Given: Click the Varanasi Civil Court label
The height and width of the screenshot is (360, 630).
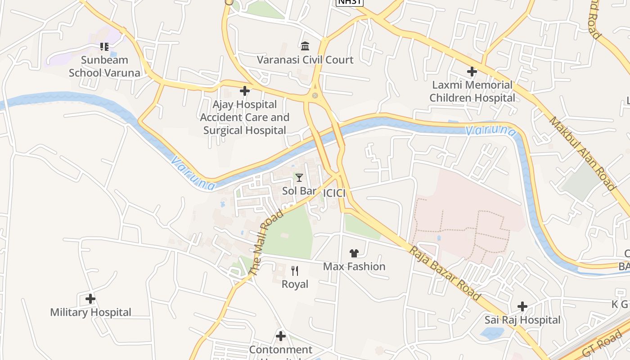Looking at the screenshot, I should [x=305, y=60].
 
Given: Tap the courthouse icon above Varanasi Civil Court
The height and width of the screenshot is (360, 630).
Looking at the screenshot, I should [x=305, y=46].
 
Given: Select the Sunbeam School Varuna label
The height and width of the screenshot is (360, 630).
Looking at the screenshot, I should [x=104, y=66].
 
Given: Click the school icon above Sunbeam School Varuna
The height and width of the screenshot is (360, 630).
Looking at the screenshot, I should [x=104, y=46].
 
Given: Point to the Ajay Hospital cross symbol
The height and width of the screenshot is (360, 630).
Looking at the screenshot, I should [x=245, y=91].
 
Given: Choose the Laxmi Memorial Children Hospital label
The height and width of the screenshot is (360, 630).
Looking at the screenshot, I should [x=472, y=91].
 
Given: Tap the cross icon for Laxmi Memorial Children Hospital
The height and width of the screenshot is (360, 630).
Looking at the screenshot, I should [x=472, y=72].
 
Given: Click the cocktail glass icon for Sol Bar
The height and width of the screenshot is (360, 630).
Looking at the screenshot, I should [x=299, y=178].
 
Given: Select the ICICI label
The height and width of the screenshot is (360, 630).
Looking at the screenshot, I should [x=334, y=193].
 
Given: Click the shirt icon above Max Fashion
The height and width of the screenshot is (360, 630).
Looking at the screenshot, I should [x=354, y=253].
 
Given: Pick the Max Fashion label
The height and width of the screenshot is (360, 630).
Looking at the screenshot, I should [x=354, y=266].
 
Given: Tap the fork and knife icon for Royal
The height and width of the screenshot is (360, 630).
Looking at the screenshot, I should [x=295, y=270].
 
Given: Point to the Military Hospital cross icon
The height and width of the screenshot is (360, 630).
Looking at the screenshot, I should [x=90, y=299].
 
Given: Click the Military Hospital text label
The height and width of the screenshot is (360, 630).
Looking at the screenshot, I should [x=90, y=312].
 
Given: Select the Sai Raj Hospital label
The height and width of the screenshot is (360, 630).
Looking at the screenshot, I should [x=522, y=320].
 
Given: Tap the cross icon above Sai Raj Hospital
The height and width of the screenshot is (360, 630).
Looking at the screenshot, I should [x=522, y=307].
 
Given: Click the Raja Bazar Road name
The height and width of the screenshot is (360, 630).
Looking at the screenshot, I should [x=445, y=273].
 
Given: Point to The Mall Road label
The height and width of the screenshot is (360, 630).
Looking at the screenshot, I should [x=266, y=242].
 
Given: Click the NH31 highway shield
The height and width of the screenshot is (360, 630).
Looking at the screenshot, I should [x=349, y=2].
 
